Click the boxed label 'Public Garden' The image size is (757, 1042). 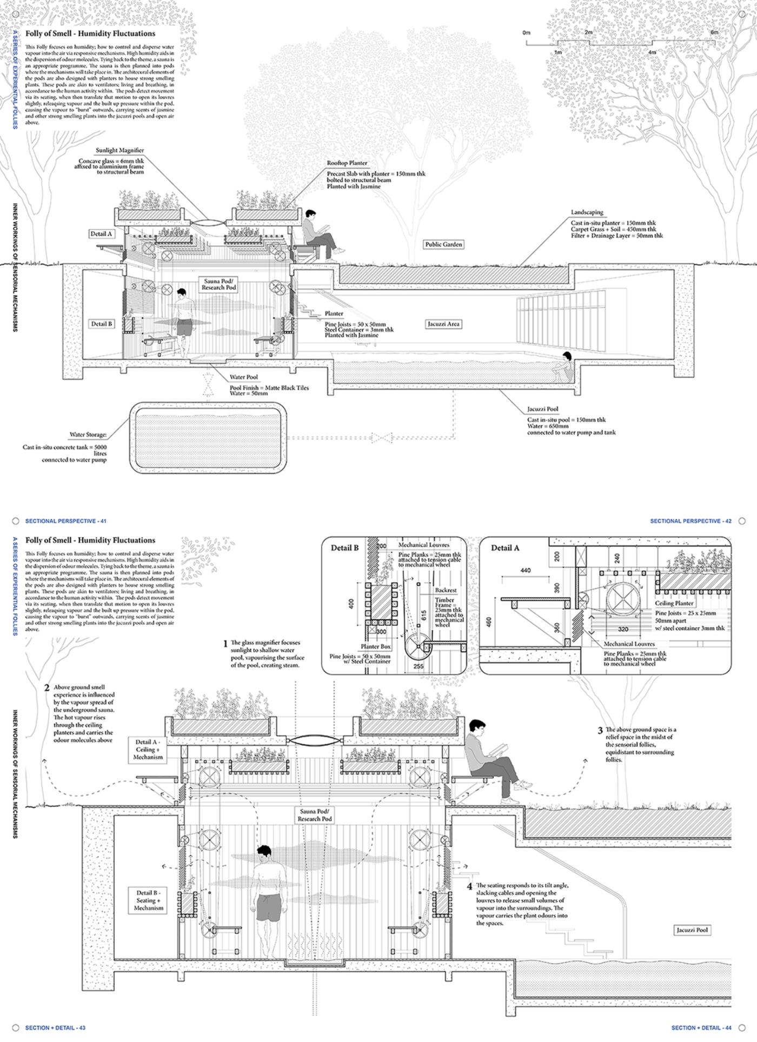pos(443,244)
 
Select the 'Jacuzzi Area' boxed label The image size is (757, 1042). pos(443,324)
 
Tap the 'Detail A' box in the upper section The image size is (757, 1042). pos(102,234)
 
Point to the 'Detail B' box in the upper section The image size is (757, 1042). pos(102,324)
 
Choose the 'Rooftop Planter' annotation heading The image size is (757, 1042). pos(347,163)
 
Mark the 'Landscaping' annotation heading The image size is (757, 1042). pos(587,212)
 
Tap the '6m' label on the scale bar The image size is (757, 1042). pos(714,32)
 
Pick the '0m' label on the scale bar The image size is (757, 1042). pos(526,33)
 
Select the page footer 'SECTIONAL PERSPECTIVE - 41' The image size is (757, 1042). pos(65,521)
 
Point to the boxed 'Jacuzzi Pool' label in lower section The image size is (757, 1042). pos(692,930)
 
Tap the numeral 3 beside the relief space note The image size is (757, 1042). pos(600,731)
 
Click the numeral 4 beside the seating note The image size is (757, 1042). pos(469,887)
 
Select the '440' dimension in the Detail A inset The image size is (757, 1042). pos(525,570)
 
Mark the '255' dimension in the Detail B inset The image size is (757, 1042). pos(418,667)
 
